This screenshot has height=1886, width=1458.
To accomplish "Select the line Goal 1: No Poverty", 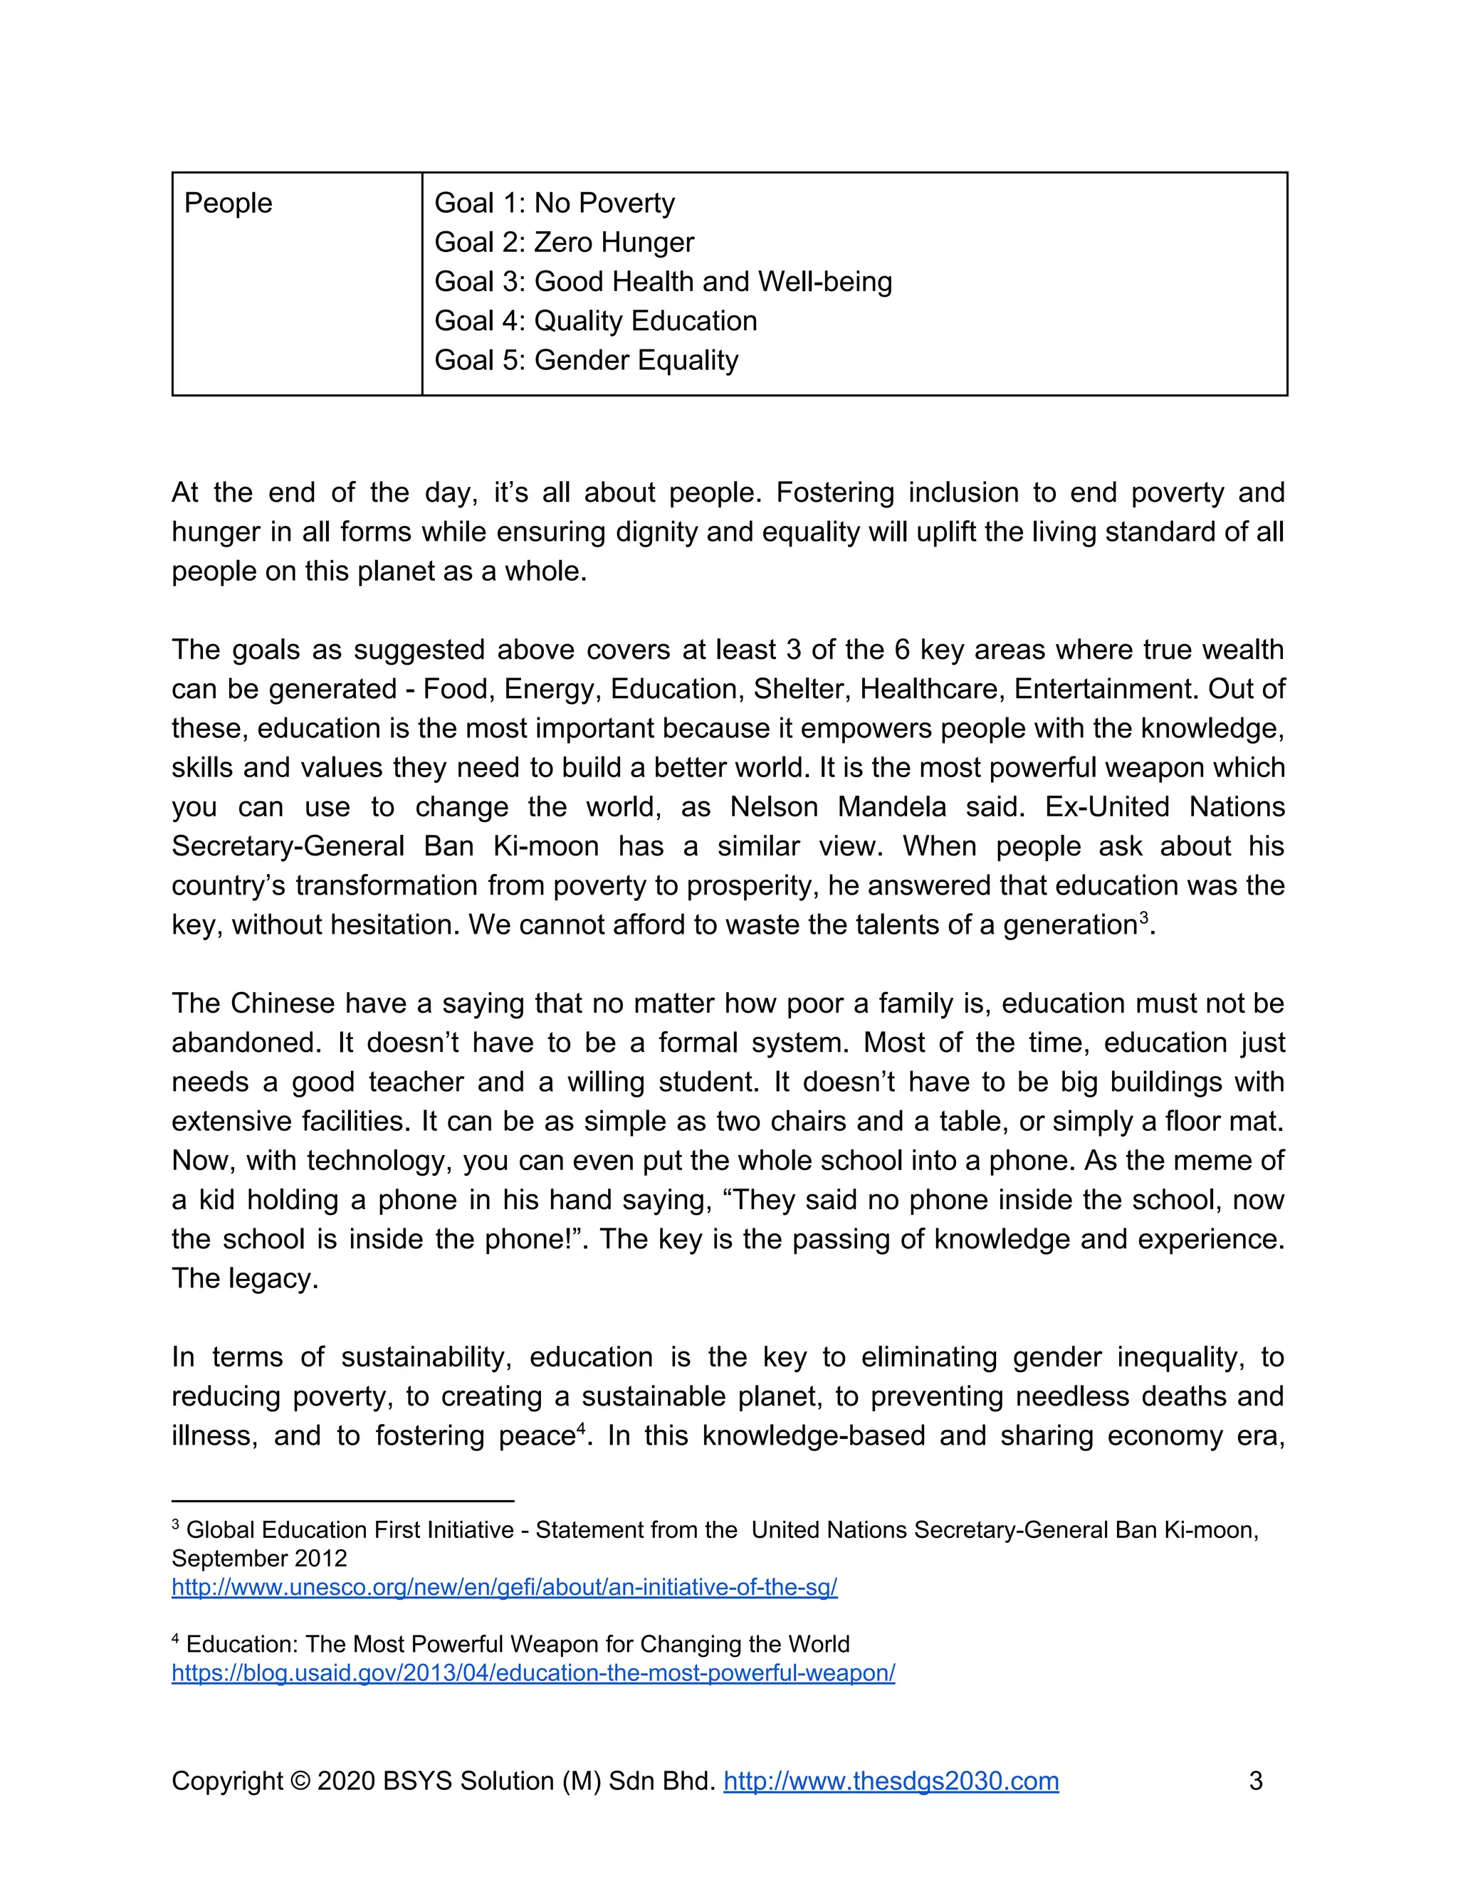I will point(555,203).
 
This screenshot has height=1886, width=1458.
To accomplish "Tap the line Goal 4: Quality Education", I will point(595,321).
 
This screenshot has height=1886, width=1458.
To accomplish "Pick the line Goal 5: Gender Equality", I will point(586,360).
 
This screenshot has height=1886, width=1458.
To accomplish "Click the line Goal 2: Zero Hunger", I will point(563,243).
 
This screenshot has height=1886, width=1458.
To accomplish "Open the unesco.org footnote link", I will point(505,1587).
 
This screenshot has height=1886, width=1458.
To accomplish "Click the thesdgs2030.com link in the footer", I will point(891,1781).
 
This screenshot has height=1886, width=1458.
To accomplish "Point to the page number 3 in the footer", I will point(1256,1781).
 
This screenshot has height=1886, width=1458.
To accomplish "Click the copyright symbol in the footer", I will point(300,1781).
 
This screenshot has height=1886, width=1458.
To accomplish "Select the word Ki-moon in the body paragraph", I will point(546,846).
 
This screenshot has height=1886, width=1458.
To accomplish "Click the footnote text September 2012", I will point(259,1559).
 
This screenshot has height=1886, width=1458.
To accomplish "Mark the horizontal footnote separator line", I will point(343,1502).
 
